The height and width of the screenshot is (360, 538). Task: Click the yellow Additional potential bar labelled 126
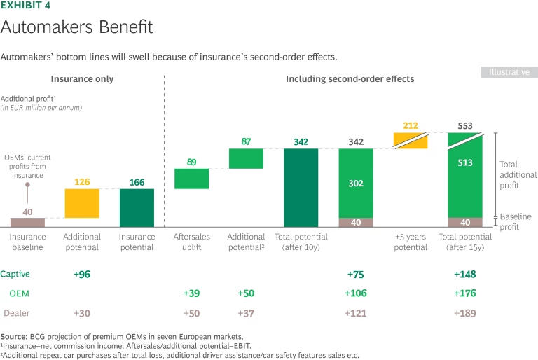(x=82, y=203)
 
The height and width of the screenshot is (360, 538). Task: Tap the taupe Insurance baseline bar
(x=27, y=222)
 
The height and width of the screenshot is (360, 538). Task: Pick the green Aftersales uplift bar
(x=191, y=179)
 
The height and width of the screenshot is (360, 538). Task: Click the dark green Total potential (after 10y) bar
(x=301, y=188)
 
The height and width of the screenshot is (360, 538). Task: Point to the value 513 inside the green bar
(x=465, y=163)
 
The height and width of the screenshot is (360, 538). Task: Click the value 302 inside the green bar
(x=356, y=184)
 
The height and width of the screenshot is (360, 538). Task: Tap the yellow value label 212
(x=411, y=126)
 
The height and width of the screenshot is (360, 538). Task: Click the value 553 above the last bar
(x=465, y=126)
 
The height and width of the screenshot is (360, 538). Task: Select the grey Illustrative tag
(x=509, y=72)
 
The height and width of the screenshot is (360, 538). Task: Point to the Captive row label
(x=15, y=274)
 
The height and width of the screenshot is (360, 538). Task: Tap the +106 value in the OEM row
(x=356, y=293)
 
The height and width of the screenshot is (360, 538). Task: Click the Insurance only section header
(x=82, y=79)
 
